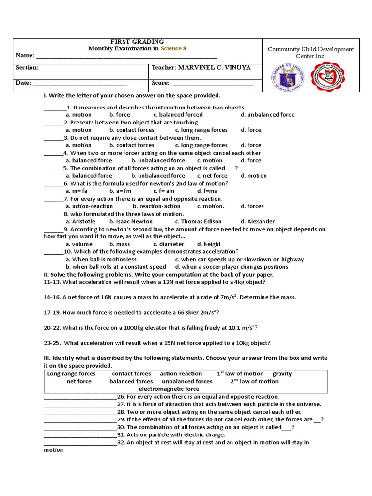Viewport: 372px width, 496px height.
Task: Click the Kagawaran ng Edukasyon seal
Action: click(x=285, y=77)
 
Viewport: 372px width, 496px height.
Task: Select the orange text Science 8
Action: click(x=173, y=48)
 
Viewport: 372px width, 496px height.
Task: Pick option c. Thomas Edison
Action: click(x=198, y=221)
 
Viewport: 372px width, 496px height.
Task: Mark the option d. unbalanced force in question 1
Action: click(x=267, y=115)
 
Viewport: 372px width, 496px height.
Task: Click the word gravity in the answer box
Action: click(x=282, y=374)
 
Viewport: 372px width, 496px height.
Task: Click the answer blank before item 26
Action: click(x=80, y=397)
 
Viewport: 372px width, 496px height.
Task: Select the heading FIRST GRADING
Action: click(x=137, y=42)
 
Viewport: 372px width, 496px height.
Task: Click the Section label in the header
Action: click(x=27, y=68)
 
